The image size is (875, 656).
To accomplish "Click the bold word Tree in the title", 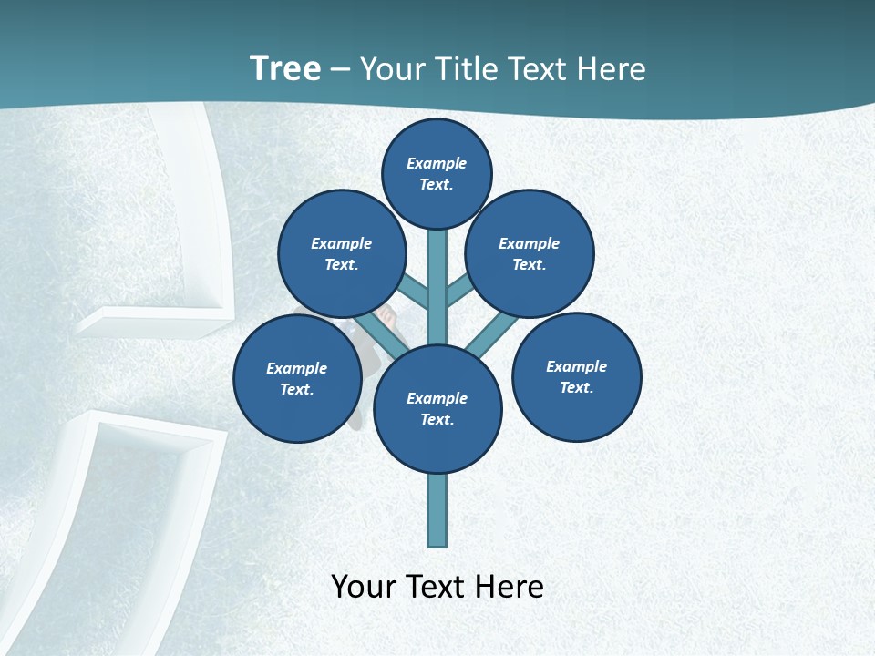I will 284,69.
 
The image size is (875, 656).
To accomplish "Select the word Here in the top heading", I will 610,69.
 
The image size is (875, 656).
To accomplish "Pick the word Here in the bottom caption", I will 509,587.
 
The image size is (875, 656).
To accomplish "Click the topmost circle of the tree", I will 437,173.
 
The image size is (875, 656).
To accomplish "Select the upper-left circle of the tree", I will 341,253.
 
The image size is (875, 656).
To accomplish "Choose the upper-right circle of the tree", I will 530,253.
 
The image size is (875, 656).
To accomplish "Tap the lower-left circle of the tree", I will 296,378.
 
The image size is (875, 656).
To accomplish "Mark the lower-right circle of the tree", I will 576,376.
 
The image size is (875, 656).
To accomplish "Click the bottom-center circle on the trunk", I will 437,409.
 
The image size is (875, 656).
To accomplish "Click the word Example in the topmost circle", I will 437,163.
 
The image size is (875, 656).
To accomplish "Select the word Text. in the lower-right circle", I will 576,387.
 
